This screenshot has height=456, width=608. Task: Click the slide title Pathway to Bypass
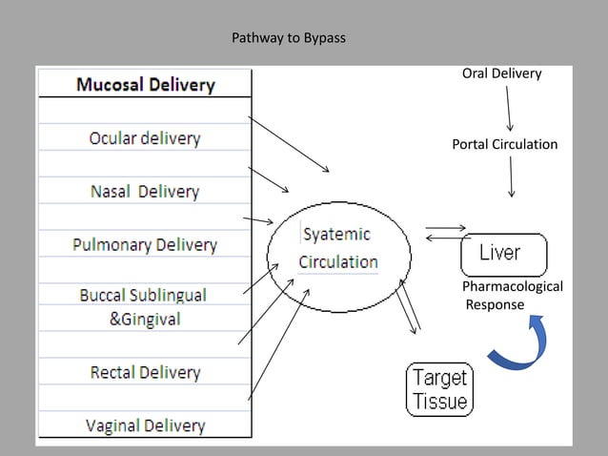290,40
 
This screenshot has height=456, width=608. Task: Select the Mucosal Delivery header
145,85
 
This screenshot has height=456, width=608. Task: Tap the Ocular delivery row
145,138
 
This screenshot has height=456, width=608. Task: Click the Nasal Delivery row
145,192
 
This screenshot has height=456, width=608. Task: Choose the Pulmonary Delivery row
145,245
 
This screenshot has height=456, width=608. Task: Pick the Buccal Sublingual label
143,295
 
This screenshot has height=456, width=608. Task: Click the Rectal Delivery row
145,372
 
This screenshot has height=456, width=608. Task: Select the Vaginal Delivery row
145,425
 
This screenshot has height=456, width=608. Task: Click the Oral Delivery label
501,73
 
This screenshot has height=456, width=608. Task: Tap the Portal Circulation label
504,144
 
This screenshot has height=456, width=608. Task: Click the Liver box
504,255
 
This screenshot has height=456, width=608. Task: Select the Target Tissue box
439,389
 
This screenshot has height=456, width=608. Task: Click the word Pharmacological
512,287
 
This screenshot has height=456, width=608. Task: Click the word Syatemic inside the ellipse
337,235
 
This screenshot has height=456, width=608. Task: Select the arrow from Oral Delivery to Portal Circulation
509,108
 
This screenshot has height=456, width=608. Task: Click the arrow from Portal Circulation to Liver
512,176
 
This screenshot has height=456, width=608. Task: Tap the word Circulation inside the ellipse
338,261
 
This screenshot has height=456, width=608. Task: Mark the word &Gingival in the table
144,320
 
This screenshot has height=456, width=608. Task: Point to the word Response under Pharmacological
495,304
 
